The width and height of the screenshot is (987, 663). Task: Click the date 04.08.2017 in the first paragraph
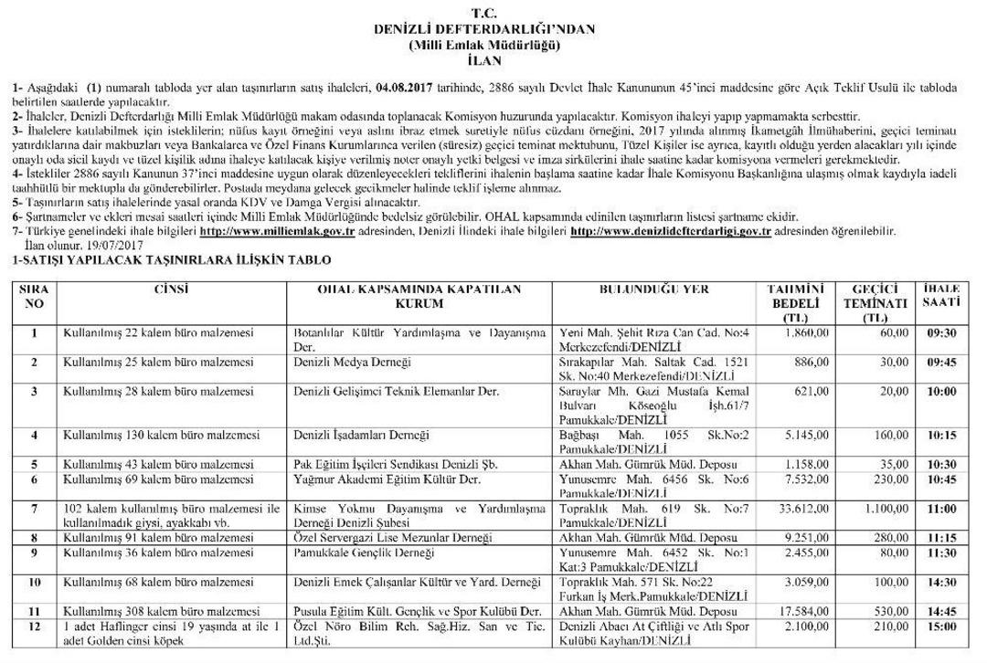pyautogui.click(x=403, y=88)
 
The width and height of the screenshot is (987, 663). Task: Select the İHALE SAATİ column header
pyautogui.click(x=939, y=296)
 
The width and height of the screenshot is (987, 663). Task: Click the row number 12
pyautogui.click(x=35, y=626)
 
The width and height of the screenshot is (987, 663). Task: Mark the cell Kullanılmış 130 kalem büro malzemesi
pyautogui.click(x=151, y=434)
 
